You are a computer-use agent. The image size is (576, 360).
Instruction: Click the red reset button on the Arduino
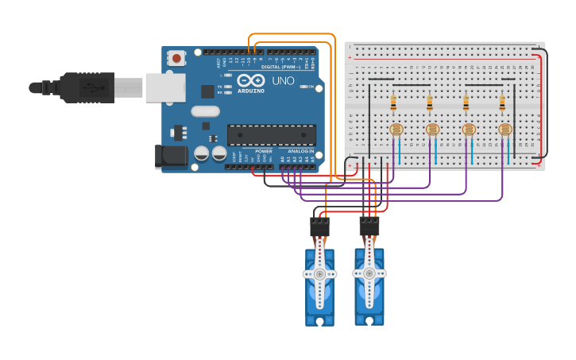click(176, 58)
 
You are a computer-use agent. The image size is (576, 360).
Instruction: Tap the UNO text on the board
click(284, 81)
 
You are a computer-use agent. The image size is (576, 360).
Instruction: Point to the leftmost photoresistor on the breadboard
click(396, 129)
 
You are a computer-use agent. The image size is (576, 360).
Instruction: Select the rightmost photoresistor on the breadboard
click(505, 129)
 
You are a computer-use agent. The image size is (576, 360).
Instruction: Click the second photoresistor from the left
click(432, 129)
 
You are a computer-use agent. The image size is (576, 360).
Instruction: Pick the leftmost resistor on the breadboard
click(393, 103)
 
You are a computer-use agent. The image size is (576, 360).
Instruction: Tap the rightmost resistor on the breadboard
click(502, 103)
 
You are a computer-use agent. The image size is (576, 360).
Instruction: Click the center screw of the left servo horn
click(319, 274)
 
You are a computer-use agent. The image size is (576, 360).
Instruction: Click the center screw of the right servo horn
click(369, 273)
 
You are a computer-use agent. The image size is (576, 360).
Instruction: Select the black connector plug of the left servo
click(319, 227)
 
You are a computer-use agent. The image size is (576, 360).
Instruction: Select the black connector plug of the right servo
click(369, 226)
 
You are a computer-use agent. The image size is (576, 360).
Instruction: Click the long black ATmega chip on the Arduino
click(272, 134)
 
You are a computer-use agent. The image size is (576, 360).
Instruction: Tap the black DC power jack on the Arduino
click(170, 156)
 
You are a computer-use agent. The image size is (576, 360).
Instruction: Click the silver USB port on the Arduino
click(164, 87)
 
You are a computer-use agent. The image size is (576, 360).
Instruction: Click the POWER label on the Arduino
click(263, 150)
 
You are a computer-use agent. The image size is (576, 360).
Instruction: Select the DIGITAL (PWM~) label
click(280, 67)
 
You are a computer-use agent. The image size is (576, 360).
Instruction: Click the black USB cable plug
click(87, 87)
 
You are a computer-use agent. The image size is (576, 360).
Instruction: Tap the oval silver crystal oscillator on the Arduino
click(204, 112)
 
